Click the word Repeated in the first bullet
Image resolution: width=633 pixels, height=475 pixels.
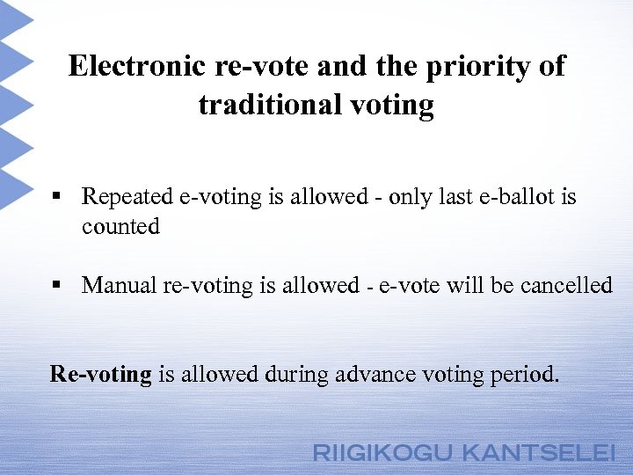[x=127, y=197]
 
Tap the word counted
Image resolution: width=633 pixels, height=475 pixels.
[x=120, y=227]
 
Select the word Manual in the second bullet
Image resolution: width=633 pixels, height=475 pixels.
[x=120, y=286]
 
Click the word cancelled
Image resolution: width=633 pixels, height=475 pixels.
[x=566, y=286]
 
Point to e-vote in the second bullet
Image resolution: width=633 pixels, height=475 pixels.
[x=409, y=286]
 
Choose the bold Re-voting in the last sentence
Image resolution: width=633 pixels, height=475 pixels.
[x=101, y=375]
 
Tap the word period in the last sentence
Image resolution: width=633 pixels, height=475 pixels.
[x=526, y=375]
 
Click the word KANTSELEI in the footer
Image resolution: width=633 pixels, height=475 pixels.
[x=539, y=454]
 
